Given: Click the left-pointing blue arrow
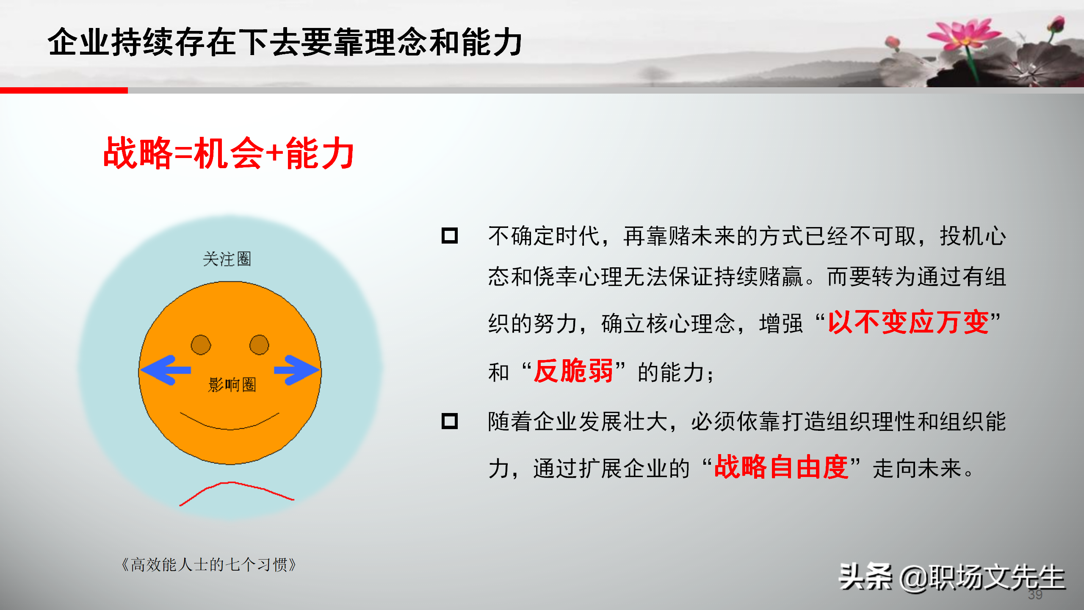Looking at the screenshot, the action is click(166, 370).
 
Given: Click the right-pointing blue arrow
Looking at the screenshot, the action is click(296, 370).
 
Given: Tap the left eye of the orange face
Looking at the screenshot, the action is click(201, 345).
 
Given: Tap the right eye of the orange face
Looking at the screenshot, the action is click(259, 345).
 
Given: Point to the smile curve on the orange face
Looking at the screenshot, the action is click(229, 428).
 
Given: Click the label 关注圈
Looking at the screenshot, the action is click(227, 259).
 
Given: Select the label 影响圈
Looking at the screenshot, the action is click(232, 385).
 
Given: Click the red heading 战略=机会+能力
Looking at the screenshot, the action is click(229, 153).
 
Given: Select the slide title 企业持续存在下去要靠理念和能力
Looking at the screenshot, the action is click(285, 42).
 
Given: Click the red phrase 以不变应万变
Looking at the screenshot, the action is click(908, 322).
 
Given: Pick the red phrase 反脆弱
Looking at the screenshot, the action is click(573, 371).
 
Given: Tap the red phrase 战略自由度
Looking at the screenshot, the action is click(781, 467).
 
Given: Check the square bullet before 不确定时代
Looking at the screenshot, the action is click(450, 236).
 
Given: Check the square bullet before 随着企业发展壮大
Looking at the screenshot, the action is click(450, 421).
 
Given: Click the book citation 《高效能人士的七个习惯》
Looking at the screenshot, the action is click(208, 565).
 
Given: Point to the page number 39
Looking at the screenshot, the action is click(1035, 595).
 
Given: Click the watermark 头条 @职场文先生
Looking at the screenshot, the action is click(952, 577).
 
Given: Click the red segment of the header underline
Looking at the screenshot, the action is click(64, 90).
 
